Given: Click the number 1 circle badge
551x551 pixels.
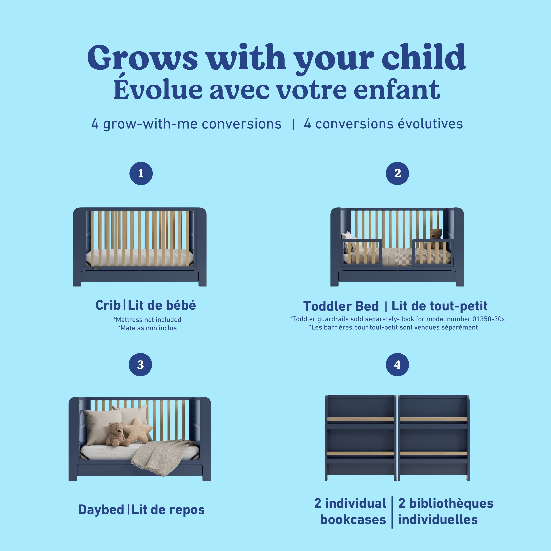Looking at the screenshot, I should [141, 173].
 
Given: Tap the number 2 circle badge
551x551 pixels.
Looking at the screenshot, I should [397, 173].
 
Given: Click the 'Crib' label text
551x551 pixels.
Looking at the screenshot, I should [108, 305].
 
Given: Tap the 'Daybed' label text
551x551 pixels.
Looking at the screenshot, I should [101, 510].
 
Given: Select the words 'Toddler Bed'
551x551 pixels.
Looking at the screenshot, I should [341, 306].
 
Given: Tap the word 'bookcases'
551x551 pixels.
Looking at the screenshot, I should [353, 520].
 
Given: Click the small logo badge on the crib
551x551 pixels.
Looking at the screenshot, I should [96, 268].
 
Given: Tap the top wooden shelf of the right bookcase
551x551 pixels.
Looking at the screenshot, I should [433, 419].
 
